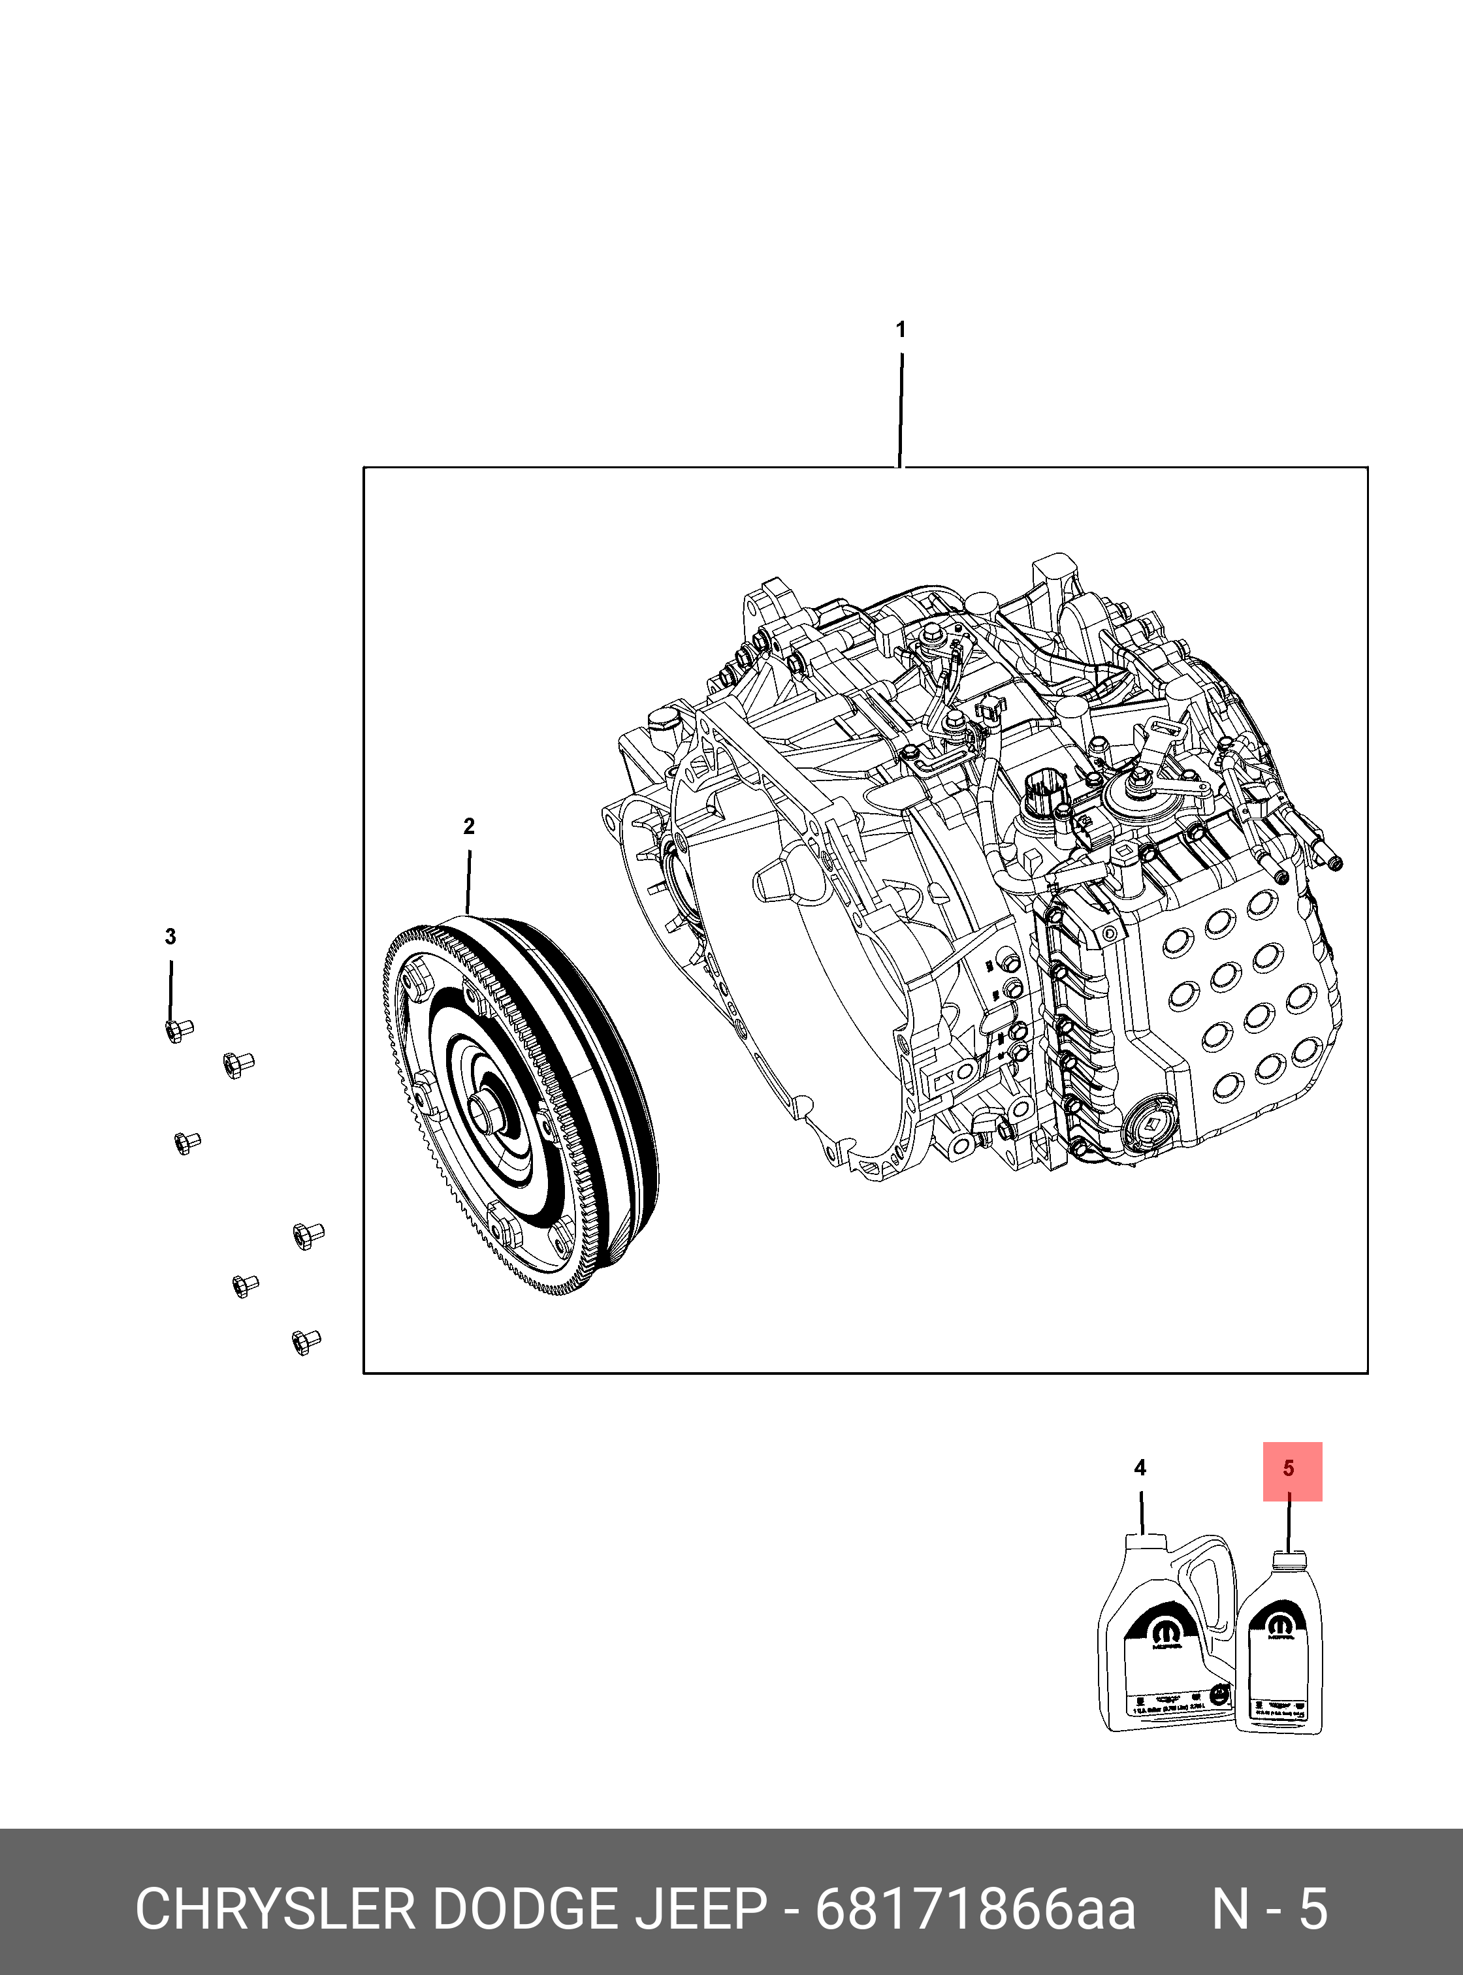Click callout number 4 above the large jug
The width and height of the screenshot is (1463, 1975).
pyautogui.click(x=1140, y=1468)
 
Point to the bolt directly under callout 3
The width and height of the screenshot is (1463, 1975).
pyautogui.click(x=179, y=1030)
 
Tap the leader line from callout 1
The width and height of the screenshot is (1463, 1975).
pyautogui.click(x=901, y=408)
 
